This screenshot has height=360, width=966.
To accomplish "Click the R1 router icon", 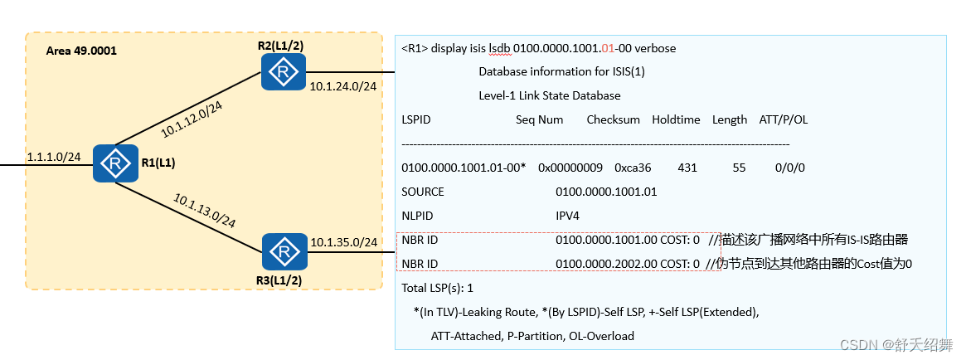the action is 114,163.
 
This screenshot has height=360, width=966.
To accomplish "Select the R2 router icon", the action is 284,72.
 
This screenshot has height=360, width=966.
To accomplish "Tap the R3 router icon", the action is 284,251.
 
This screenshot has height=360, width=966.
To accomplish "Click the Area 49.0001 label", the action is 81,51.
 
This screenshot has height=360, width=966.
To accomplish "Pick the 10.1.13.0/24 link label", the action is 204,210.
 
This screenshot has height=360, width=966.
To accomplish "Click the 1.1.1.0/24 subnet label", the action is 54,156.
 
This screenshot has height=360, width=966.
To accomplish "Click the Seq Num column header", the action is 539,119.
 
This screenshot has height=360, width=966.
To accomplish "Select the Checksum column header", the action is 613,119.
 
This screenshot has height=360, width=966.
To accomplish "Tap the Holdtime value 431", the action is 687,168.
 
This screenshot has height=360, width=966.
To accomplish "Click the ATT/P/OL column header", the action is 783,119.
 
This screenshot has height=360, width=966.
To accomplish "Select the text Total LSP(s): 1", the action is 437,288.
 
